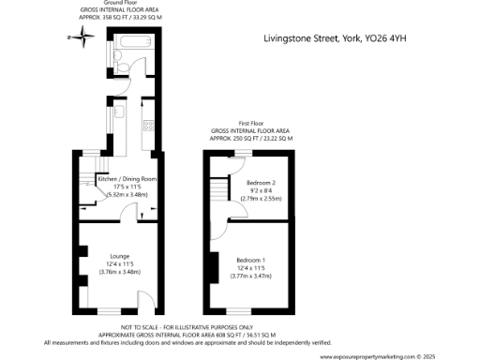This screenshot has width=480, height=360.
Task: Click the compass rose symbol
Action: pos(83,38)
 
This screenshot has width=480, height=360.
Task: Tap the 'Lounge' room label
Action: pos(119,255)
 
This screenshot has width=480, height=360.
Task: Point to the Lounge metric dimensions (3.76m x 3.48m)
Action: pos(119,272)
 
